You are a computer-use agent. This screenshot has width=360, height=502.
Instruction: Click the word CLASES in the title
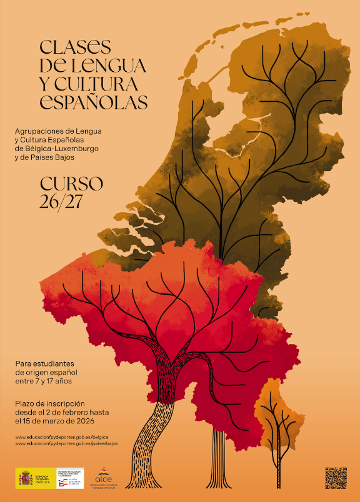point(75,47)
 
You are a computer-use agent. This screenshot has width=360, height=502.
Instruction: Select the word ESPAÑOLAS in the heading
point(94,102)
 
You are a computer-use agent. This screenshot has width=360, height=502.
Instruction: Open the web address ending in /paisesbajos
point(66,443)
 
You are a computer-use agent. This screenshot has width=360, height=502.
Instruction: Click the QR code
point(336,478)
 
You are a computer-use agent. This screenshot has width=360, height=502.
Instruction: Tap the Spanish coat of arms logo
point(26,478)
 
